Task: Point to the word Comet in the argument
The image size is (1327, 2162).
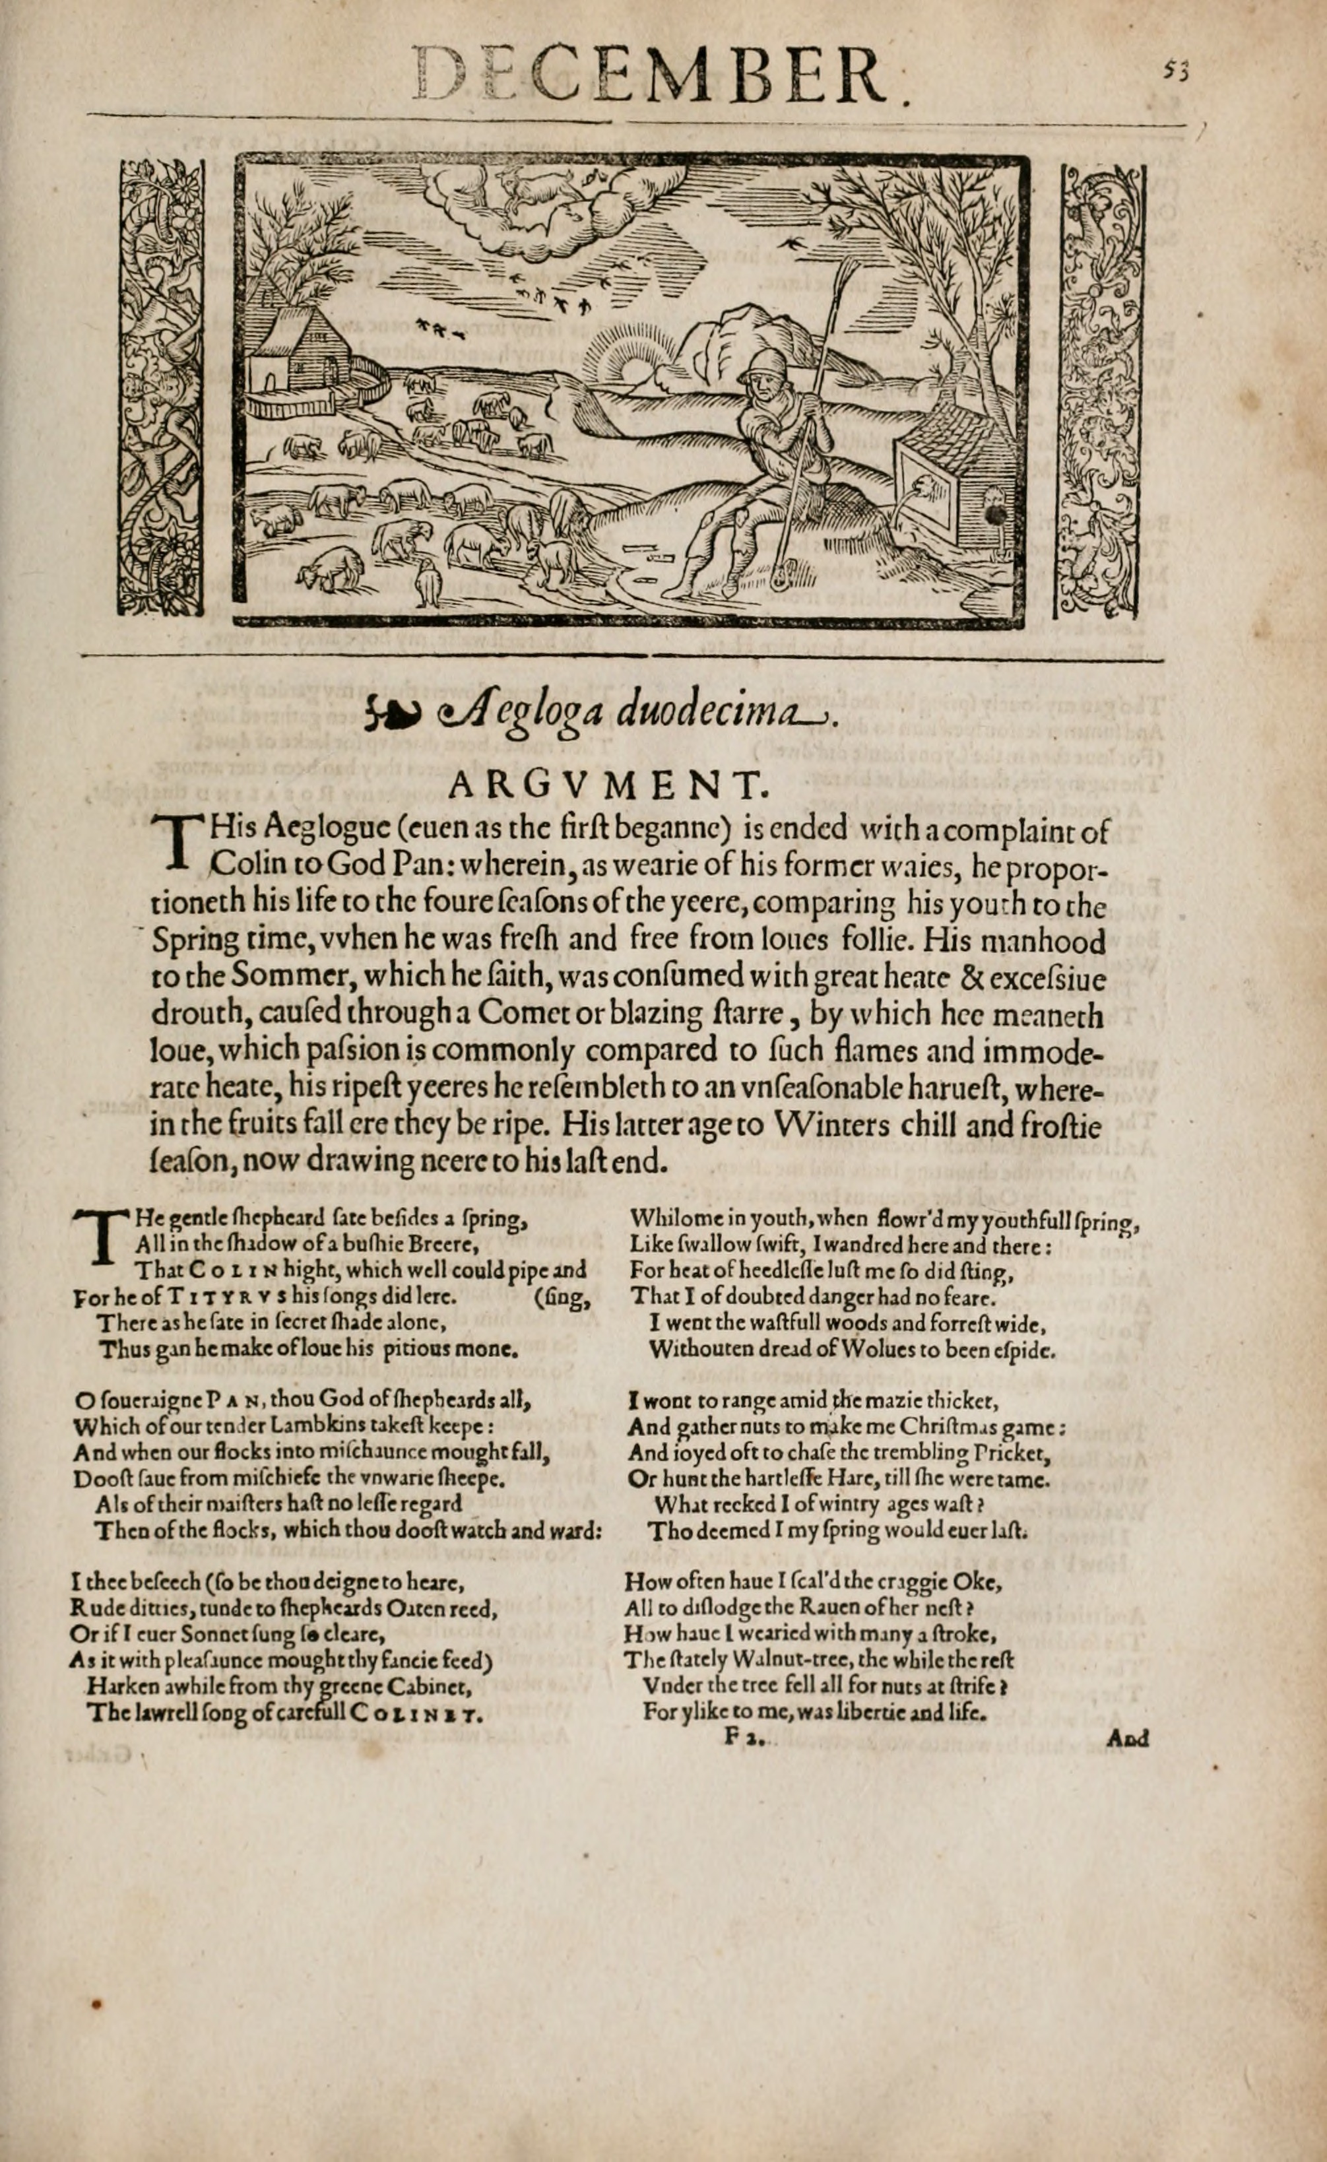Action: [519, 1013]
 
